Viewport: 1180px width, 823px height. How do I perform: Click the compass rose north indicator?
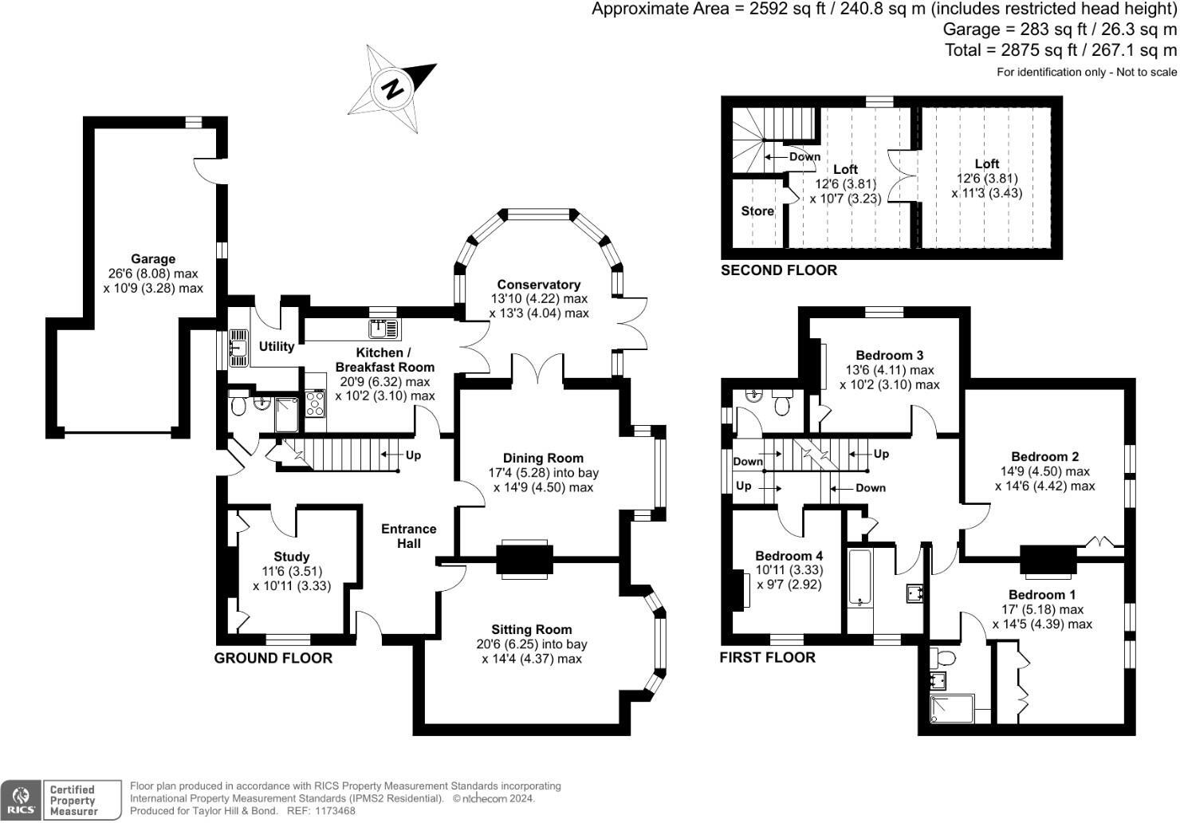tap(392, 88)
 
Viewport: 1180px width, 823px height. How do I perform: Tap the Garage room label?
tap(153, 259)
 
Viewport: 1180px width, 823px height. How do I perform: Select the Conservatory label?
tap(538, 285)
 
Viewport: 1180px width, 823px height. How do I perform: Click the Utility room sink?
tap(238, 348)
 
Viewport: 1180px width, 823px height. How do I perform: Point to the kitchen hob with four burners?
tap(315, 404)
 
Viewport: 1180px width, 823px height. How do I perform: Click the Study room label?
tap(291, 557)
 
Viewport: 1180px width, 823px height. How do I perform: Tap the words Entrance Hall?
tap(409, 536)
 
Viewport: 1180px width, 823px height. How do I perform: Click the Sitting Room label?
tap(531, 629)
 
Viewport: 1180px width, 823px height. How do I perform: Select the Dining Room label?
tap(543, 459)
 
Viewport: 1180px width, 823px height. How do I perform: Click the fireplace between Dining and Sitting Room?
tap(524, 558)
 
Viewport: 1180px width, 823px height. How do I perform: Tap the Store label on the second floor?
tap(757, 211)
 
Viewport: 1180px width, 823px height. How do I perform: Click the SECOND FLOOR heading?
tap(779, 270)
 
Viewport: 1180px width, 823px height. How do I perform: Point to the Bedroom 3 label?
tap(889, 356)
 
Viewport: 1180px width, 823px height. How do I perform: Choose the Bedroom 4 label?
tap(789, 556)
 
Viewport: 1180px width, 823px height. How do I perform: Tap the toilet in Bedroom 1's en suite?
tap(944, 659)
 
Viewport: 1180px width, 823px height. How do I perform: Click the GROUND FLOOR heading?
tap(273, 658)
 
